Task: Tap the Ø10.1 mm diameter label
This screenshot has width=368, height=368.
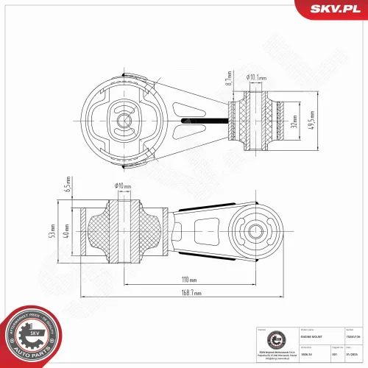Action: [x=255, y=77]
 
